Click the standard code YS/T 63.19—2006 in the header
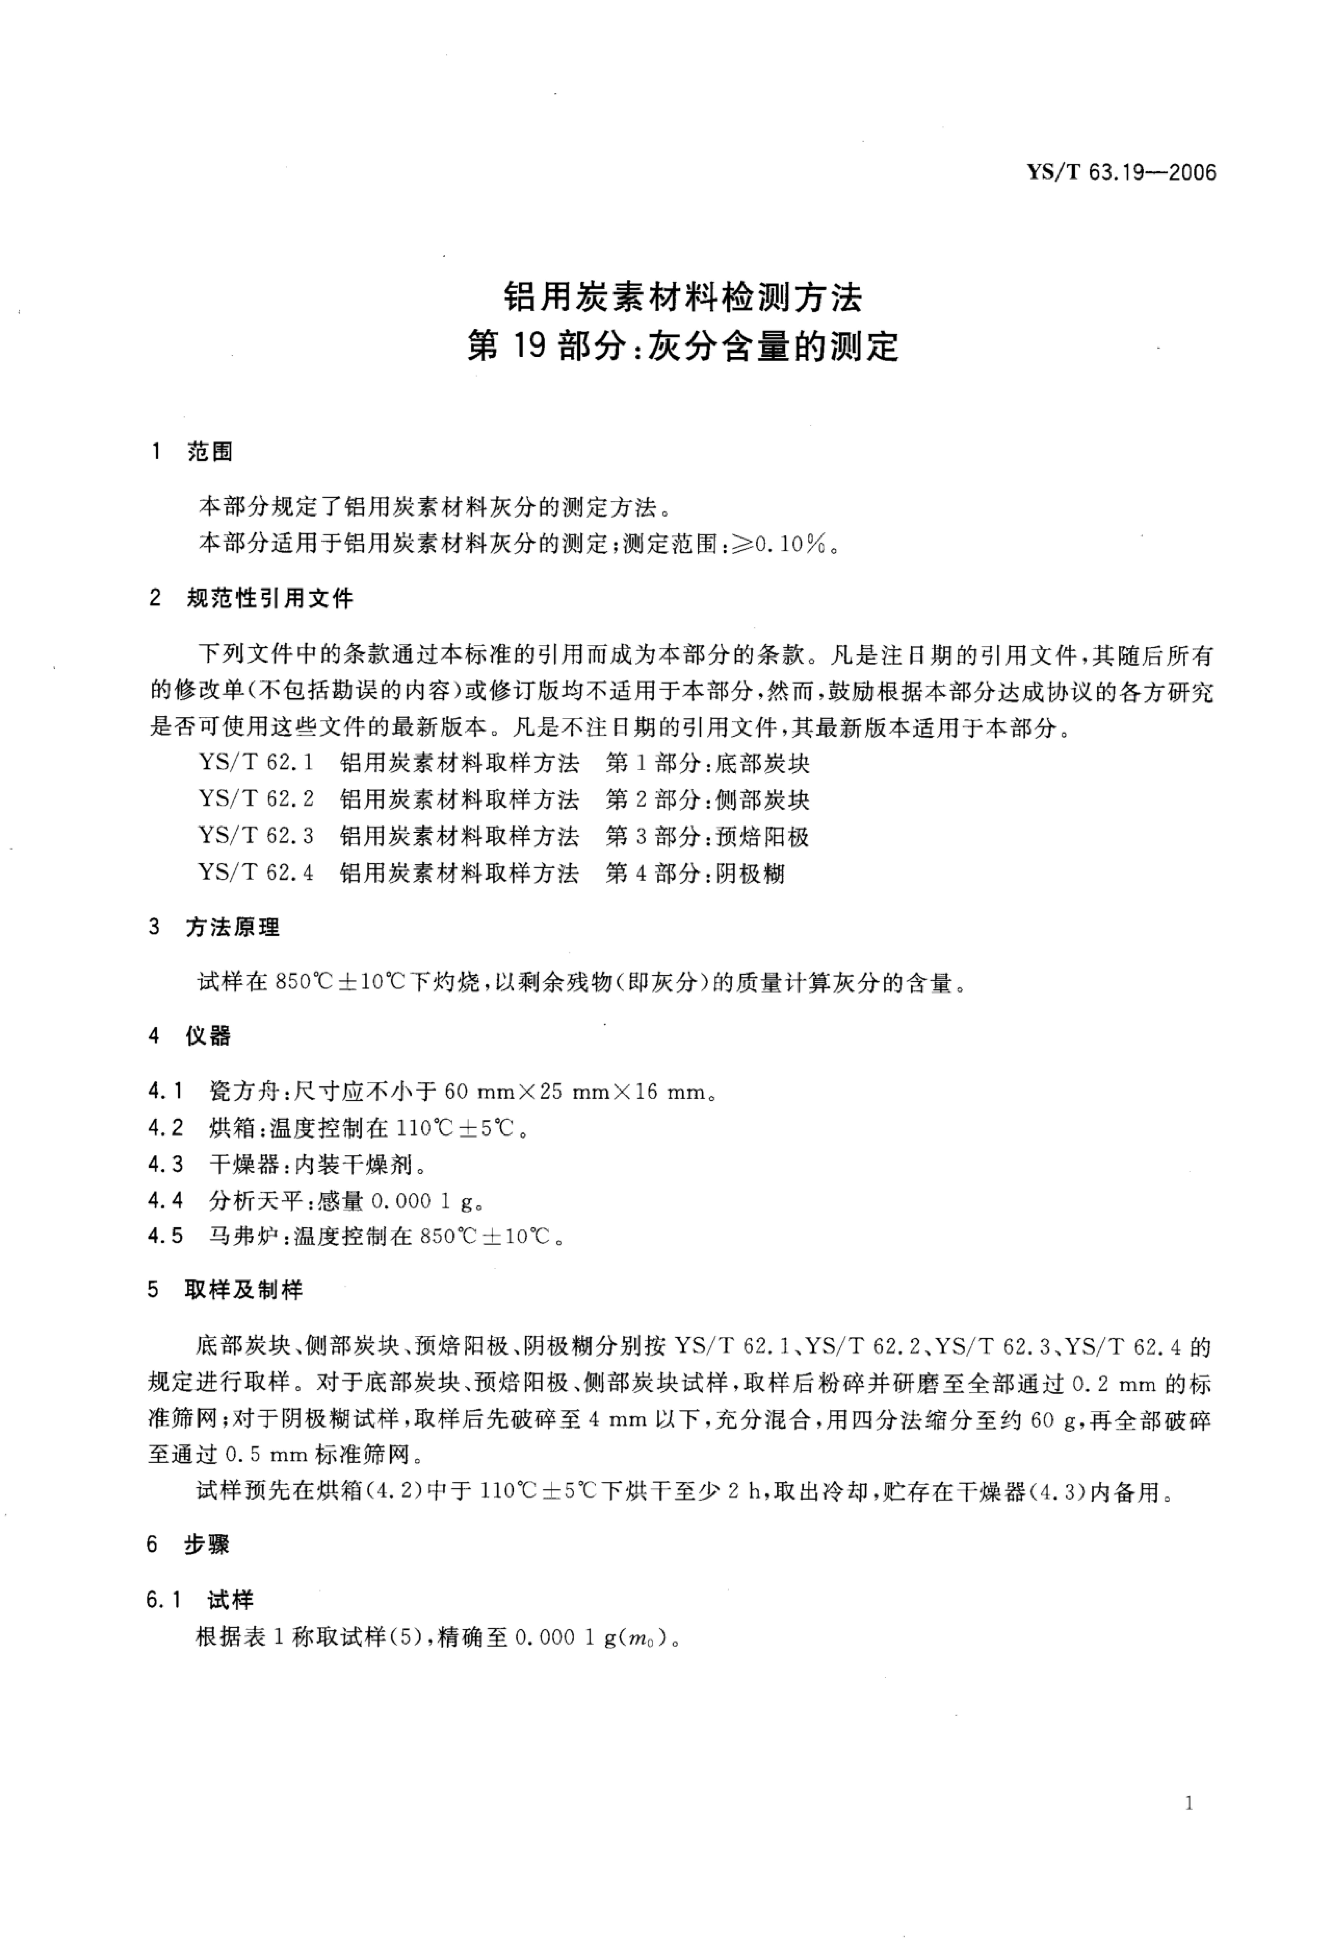click(1121, 174)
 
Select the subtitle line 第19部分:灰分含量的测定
click(682, 346)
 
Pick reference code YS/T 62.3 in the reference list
click(256, 837)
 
